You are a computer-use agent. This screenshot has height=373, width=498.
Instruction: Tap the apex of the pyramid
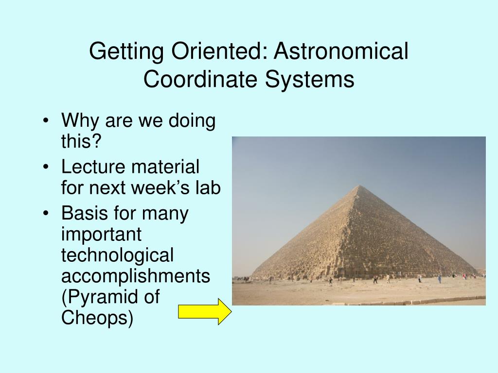click(x=359, y=186)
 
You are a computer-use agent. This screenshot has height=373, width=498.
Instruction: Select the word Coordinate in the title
click(x=200, y=79)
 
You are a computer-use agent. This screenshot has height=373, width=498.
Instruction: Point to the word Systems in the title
click(x=310, y=79)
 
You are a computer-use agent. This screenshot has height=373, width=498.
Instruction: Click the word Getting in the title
click(x=126, y=51)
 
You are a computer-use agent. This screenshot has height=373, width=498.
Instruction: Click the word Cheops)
click(x=97, y=318)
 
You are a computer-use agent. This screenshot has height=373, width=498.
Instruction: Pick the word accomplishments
click(x=136, y=276)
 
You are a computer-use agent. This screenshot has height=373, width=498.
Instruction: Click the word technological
click(x=117, y=255)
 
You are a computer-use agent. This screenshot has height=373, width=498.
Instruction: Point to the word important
click(x=101, y=235)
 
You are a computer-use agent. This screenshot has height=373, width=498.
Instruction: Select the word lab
click(x=208, y=187)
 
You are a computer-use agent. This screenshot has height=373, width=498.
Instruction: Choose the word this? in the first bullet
click(x=81, y=140)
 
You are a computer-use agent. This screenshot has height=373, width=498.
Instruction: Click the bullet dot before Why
click(x=46, y=120)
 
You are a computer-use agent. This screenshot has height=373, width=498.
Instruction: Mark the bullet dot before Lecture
click(x=46, y=167)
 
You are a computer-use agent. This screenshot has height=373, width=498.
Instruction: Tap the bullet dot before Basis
click(x=46, y=213)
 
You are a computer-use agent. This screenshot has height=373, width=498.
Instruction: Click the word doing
click(x=192, y=121)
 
